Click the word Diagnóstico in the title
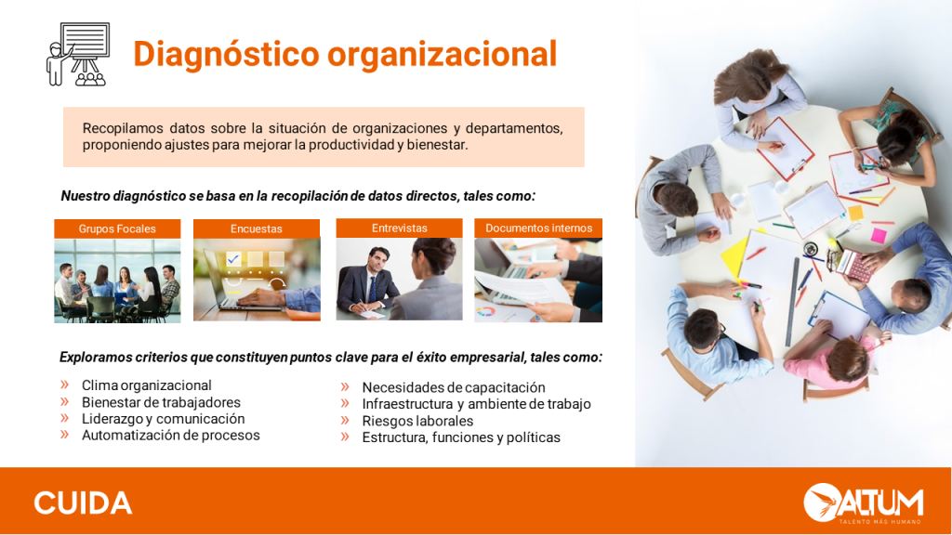[227, 54]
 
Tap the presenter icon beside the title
[78, 55]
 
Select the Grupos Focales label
[117, 228]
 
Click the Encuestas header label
[257, 228]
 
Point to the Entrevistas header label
[400, 228]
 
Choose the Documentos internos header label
[538, 228]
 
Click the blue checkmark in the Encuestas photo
[233, 259]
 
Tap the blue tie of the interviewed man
[372, 289]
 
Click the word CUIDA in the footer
[83, 503]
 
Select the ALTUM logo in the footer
[864, 502]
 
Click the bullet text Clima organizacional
[146, 385]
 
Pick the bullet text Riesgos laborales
[417, 421]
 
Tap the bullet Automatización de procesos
[171, 435]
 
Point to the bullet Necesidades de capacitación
[454, 387]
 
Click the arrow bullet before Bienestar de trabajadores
[64, 401]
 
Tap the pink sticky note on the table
[879, 235]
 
